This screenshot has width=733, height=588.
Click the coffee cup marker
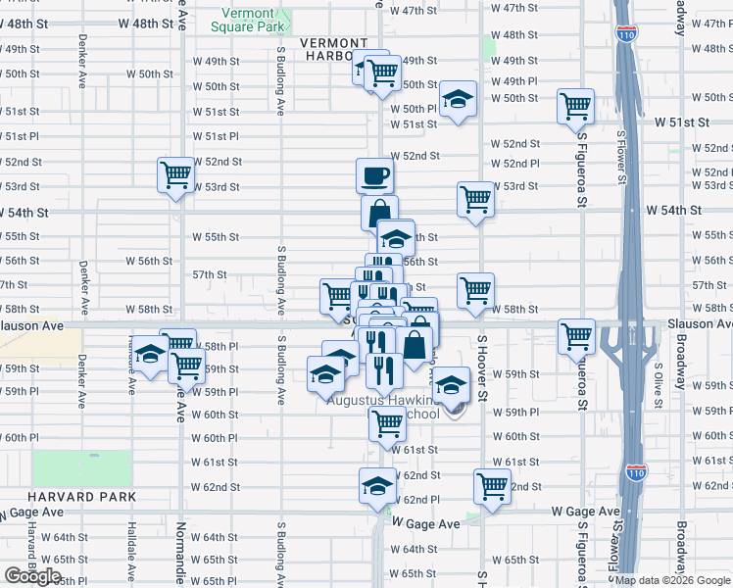(374, 177)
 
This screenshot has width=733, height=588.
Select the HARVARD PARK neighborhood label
(55, 498)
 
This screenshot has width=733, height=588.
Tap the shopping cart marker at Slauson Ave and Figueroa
(576, 336)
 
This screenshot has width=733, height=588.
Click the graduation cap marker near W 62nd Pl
(376, 486)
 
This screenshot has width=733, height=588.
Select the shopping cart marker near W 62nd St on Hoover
(492, 485)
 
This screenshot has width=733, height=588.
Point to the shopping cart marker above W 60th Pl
(388, 424)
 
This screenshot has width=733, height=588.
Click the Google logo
(32, 575)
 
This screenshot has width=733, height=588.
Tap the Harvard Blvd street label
(32, 554)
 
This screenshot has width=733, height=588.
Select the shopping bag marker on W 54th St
(379, 213)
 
